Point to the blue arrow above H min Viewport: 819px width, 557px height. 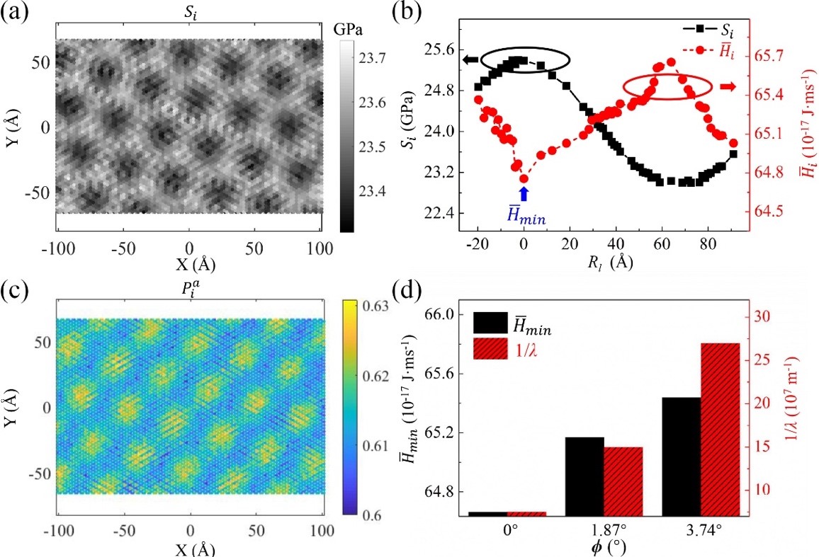pos(524,193)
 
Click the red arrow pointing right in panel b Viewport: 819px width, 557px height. pos(727,86)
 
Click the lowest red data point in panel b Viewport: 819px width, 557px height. pos(524,178)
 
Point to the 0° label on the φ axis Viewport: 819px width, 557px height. pos(508,529)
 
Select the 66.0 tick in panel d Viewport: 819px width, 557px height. pos(439,314)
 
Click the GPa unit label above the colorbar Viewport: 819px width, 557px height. pos(347,30)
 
